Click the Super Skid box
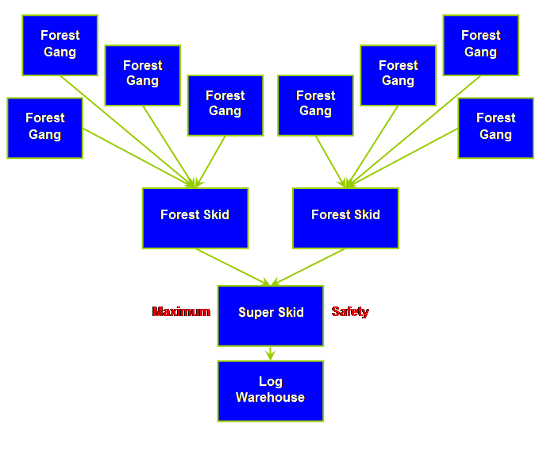(271, 315)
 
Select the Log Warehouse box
(271, 391)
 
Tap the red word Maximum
(181, 312)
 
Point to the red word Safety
(350, 312)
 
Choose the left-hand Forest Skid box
(195, 218)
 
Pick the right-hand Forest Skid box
(345, 218)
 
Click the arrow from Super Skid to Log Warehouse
(271, 353)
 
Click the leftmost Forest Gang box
(44, 128)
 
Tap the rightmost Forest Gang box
(495, 128)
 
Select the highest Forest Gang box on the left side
(60, 45)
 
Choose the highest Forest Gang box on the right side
(480, 45)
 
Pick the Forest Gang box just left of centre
(225, 105)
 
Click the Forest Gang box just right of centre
(315, 105)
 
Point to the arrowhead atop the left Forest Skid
(193, 183)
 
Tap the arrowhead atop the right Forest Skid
(347, 183)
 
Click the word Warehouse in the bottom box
(271, 398)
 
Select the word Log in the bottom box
(271, 382)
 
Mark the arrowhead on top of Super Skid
(271, 281)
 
